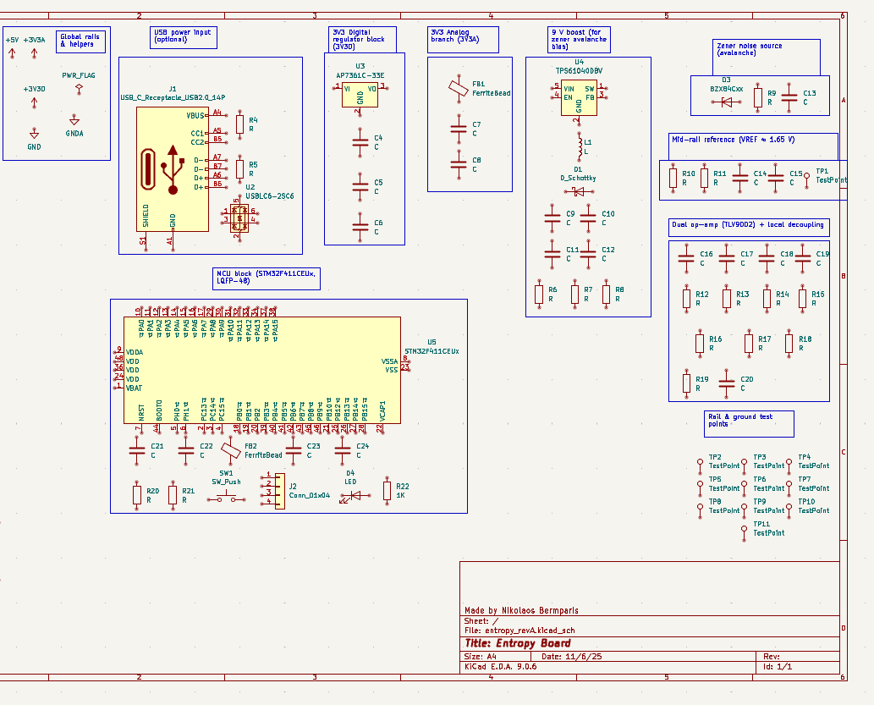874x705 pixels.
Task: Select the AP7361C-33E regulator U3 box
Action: [x=360, y=95]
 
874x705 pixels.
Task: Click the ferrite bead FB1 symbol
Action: [x=458, y=88]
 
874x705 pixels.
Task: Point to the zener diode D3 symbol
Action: [x=726, y=102]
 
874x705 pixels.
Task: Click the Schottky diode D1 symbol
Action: [x=579, y=192]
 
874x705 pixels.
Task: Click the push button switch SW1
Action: [x=227, y=498]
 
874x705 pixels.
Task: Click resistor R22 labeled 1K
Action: [x=388, y=491]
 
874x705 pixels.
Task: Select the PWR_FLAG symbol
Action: [x=78, y=87]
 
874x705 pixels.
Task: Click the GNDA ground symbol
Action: [x=74, y=122]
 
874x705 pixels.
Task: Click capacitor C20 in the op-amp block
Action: [x=726, y=383]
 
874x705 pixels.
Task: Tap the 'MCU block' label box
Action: [x=266, y=278]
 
